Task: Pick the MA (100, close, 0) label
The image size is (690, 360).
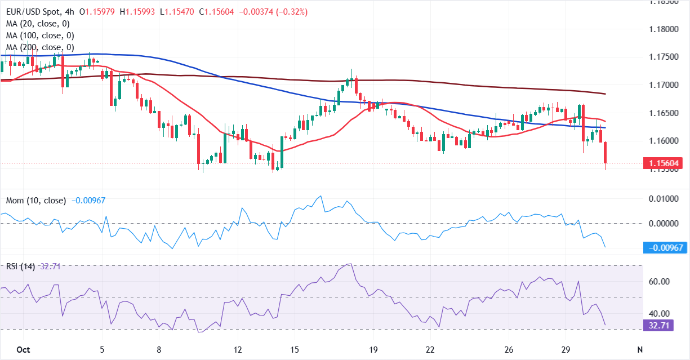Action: point(40,35)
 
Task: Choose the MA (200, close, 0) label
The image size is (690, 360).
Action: point(40,47)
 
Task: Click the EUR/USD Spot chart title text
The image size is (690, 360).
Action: point(32,12)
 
